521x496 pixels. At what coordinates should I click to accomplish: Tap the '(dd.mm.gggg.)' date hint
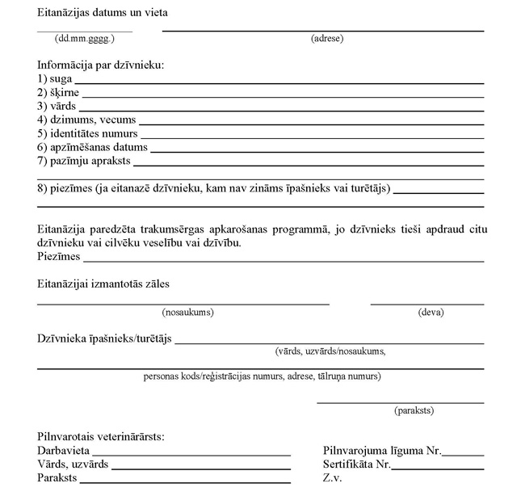85,38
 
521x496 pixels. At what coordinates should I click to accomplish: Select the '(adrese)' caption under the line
327,38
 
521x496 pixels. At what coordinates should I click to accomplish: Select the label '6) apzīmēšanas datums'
92,147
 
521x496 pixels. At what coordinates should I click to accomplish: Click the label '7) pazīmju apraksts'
84,161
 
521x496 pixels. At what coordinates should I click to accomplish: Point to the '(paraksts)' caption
414,410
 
